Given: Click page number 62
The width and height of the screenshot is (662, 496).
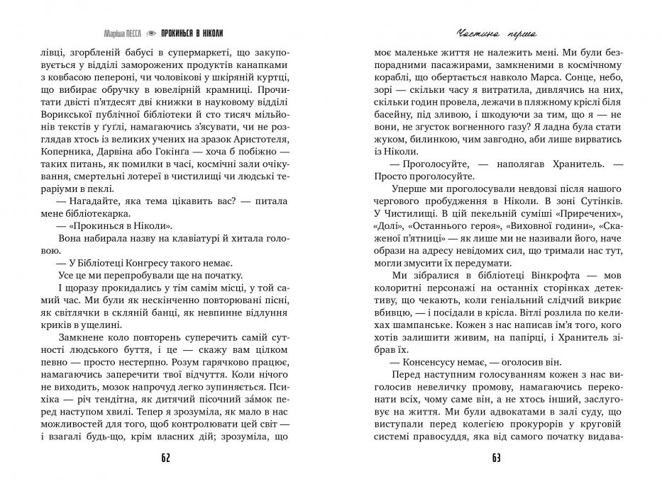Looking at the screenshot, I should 165,458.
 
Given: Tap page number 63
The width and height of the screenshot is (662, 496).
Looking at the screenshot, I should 496,458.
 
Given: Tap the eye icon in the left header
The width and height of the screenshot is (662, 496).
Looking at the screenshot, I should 150,33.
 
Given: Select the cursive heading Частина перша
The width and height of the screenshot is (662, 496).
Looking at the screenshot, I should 495,33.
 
